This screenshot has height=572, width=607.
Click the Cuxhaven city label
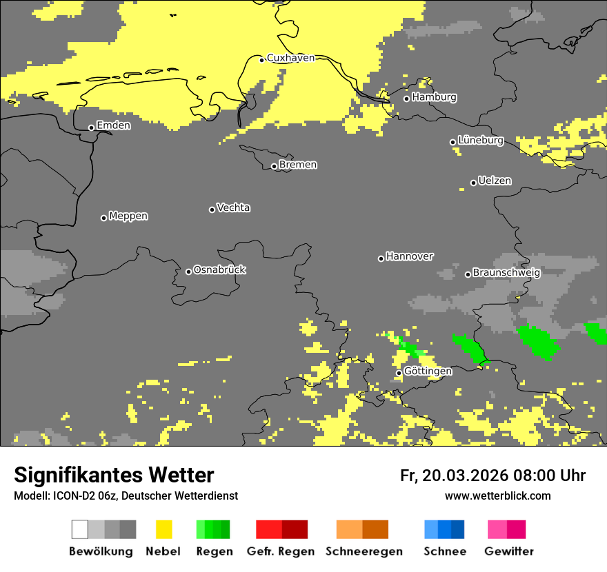290,58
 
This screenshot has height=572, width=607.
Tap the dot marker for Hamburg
406,99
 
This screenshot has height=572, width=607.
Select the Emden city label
113,125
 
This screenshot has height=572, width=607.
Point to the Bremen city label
298,165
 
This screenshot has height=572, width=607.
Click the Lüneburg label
480,141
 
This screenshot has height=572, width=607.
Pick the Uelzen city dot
473,183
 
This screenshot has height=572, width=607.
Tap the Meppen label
128,216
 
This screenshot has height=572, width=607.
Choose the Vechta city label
233,208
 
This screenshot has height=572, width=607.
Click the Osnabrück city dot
188,272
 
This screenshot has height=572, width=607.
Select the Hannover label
409,256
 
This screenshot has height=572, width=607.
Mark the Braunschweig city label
506,273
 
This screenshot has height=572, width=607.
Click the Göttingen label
428,371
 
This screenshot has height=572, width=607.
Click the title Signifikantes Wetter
114,475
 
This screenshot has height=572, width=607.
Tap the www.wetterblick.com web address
497,496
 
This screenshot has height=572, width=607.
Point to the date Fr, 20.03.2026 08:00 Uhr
492,476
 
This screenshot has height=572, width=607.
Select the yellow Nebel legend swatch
163,529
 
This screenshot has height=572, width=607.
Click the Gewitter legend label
509,551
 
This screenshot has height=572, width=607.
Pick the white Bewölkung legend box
80,529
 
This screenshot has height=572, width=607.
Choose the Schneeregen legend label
364,551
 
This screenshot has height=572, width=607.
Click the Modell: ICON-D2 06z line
126,496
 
